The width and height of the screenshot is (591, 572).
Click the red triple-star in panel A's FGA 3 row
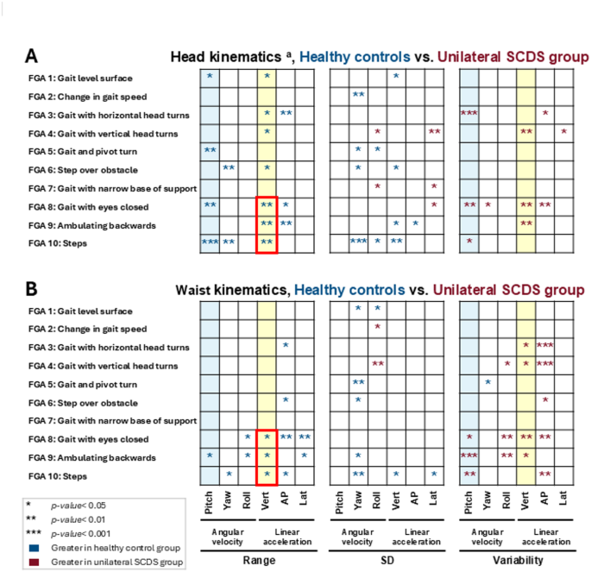pos(470,113)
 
